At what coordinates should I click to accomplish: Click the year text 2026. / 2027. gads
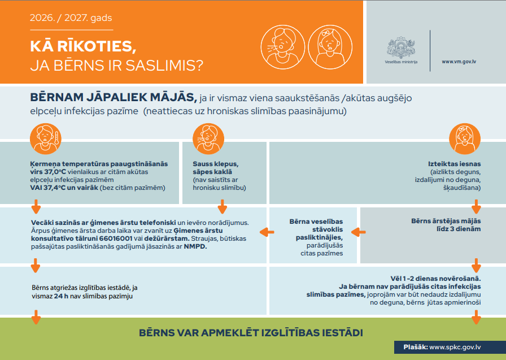[x=71, y=18]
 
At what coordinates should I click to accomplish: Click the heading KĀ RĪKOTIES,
[x=83, y=46]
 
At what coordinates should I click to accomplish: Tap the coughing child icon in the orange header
[x=283, y=47]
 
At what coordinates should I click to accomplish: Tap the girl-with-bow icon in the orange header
[x=330, y=47]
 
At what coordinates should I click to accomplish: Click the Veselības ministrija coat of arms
[x=401, y=47]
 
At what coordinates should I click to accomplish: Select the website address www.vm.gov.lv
[x=459, y=62]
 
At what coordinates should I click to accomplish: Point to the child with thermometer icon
[x=46, y=139]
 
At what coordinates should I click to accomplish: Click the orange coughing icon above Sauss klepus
[x=208, y=139]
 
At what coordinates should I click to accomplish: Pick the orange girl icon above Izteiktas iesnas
[x=465, y=139]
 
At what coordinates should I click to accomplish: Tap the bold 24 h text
[x=61, y=296]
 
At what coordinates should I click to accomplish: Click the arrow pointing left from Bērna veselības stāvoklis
[x=267, y=232]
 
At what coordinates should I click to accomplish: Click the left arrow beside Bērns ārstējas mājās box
[x=358, y=232]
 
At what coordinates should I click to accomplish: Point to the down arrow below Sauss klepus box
[x=223, y=207]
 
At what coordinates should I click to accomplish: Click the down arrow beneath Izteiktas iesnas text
[x=476, y=207]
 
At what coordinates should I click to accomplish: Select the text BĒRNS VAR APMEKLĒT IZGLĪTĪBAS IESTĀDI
[x=251, y=333]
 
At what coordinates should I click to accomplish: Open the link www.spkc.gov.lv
[x=455, y=347]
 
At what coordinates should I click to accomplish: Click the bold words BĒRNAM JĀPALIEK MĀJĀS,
[x=114, y=97]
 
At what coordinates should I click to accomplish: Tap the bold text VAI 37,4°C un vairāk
[x=64, y=188]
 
